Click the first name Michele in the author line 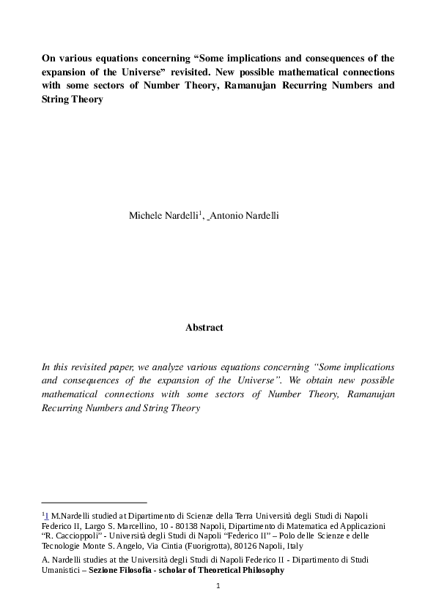click(145, 216)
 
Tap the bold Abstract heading click(204, 328)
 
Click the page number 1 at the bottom click(218, 586)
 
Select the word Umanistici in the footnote click(61, 570)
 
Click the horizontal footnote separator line click(95, 503)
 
